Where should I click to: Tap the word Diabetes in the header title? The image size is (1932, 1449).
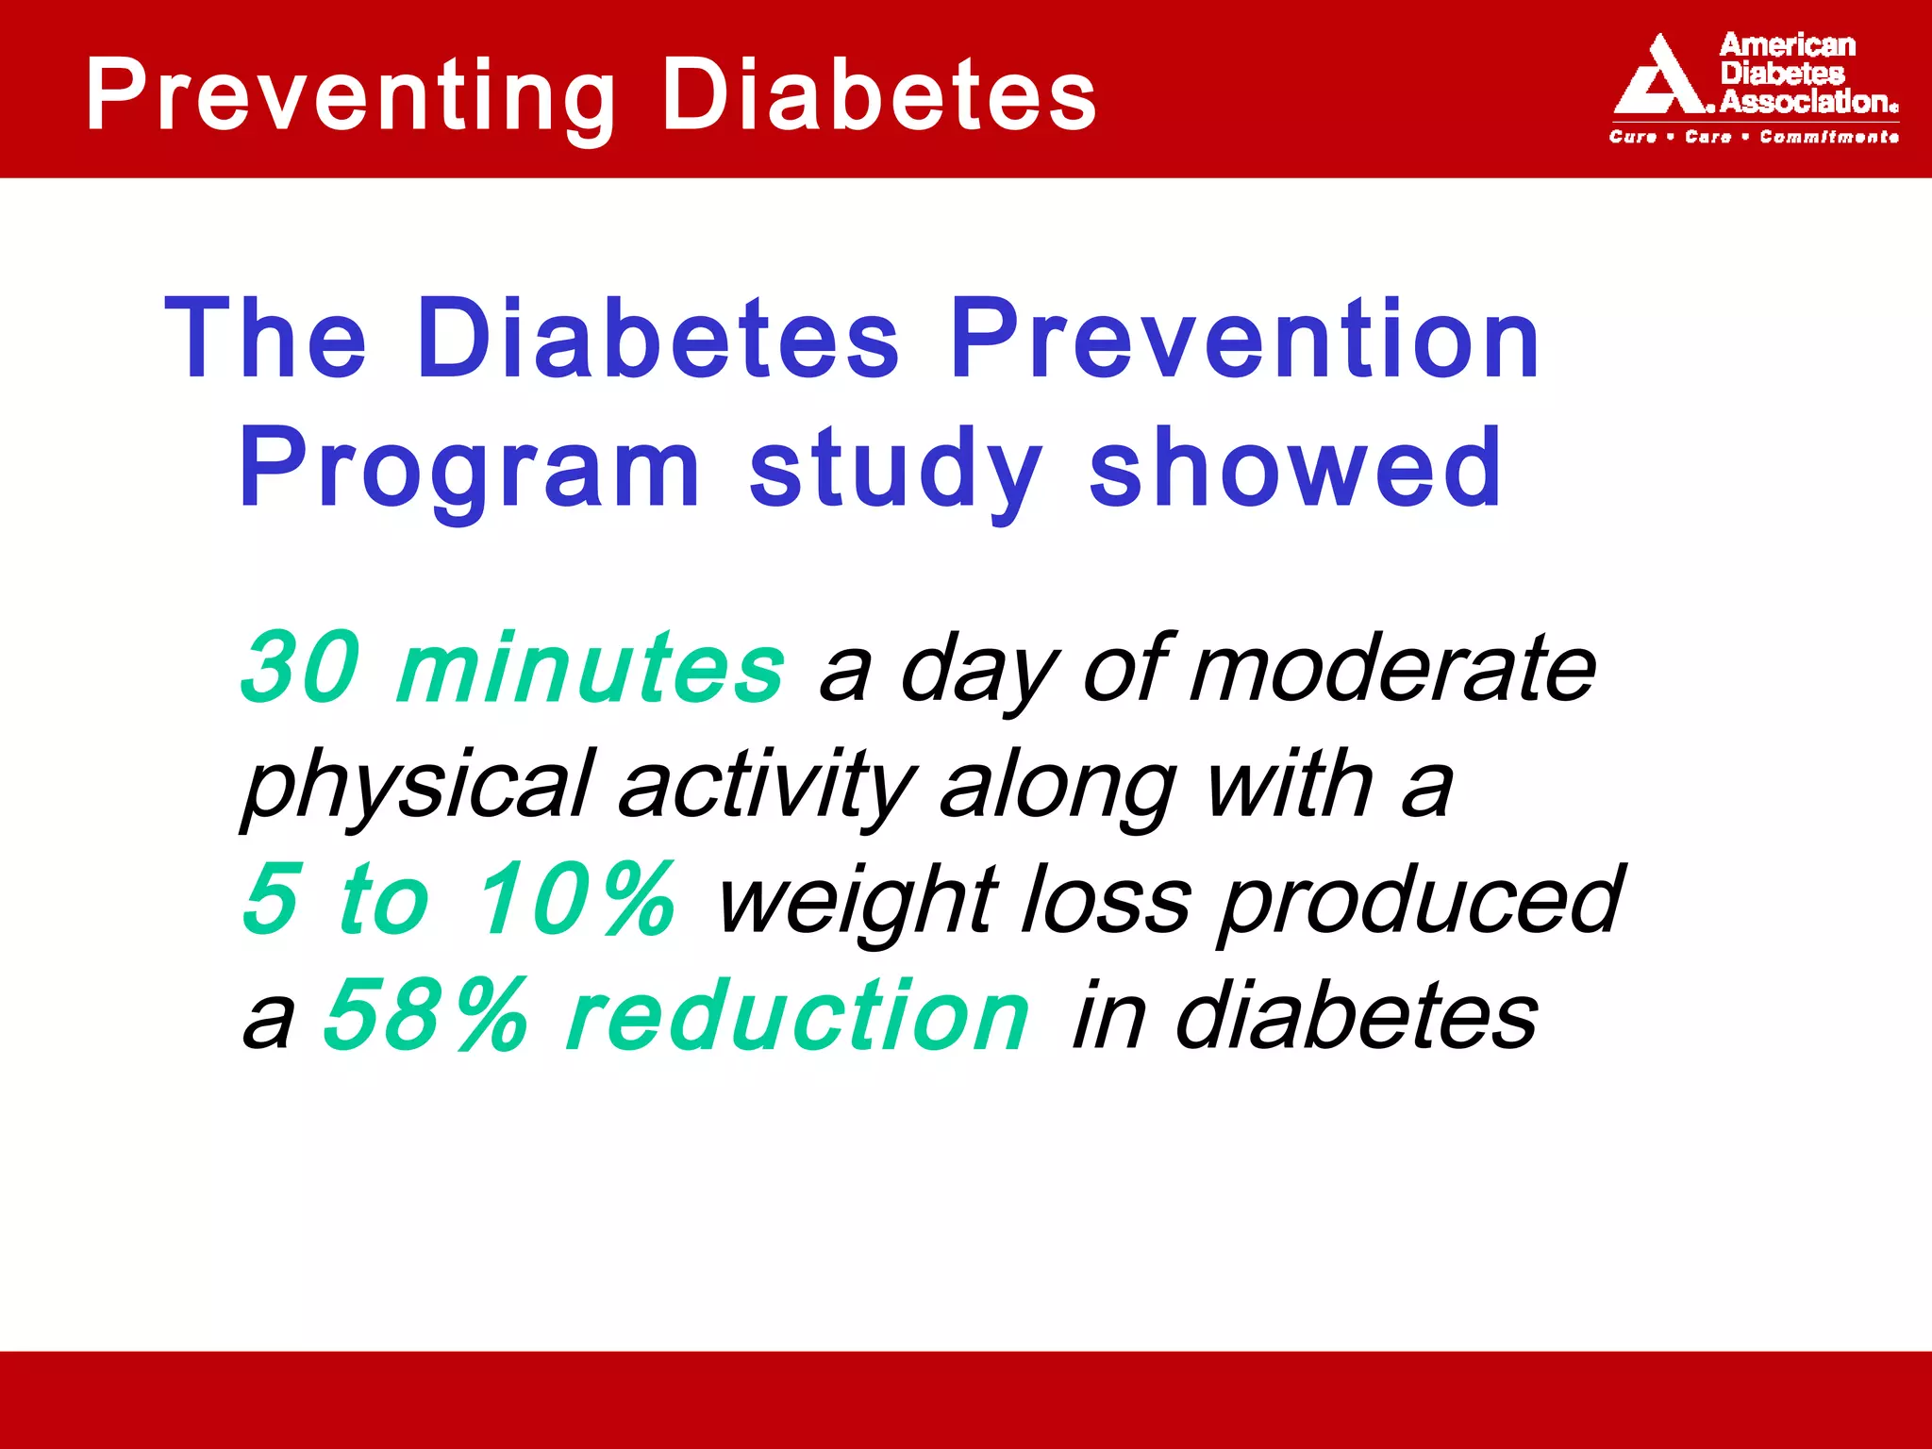click(878, 94)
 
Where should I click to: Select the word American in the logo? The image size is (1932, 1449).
click(1787, 44)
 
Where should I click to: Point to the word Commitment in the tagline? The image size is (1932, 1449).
click(1828, 137)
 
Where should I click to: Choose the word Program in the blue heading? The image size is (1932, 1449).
click(470, 469)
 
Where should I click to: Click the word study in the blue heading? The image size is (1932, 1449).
click(896, 469)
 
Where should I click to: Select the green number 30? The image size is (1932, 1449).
click(301, 667)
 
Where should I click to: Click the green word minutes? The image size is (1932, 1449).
click(591, 667)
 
